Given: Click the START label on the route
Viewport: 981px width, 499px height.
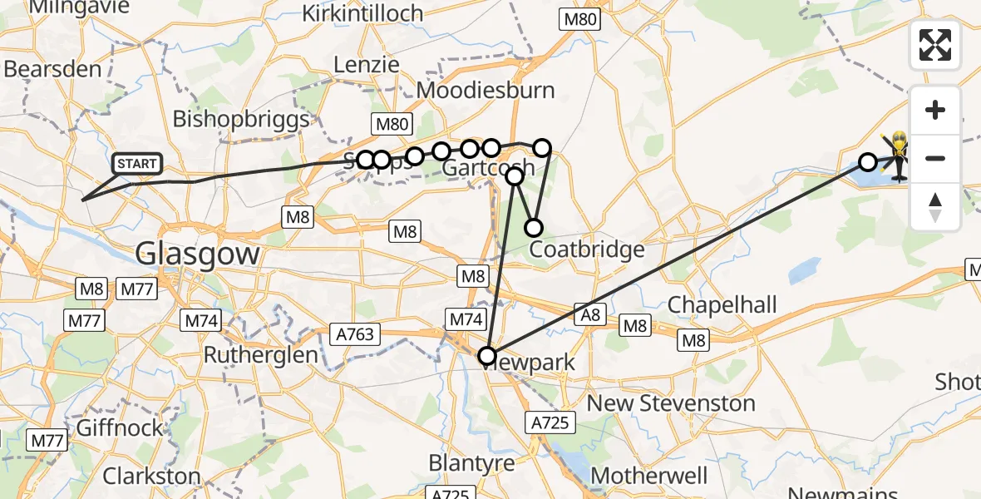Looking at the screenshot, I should coord(137,164).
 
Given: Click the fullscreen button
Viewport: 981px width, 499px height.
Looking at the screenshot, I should coord(935,45).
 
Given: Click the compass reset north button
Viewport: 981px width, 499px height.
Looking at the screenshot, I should coord(935,206).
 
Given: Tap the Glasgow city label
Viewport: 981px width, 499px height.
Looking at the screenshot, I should coord(197,253).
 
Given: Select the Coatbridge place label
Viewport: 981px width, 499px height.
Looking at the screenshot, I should coord(587,249).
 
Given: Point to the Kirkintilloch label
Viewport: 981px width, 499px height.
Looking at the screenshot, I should coord(362,13).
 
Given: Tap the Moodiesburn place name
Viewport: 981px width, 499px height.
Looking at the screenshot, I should coord(486,90).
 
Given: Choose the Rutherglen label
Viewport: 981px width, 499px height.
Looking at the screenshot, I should coord(261,354).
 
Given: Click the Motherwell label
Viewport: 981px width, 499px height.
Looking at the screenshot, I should coord(648,476).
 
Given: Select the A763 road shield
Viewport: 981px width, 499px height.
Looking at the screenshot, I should coord(357,334).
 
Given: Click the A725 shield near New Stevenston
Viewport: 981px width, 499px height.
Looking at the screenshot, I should coord(550,422).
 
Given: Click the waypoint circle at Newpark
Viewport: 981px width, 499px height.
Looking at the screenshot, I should coord(487,356).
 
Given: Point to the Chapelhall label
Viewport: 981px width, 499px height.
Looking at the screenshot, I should coord(722,304).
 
